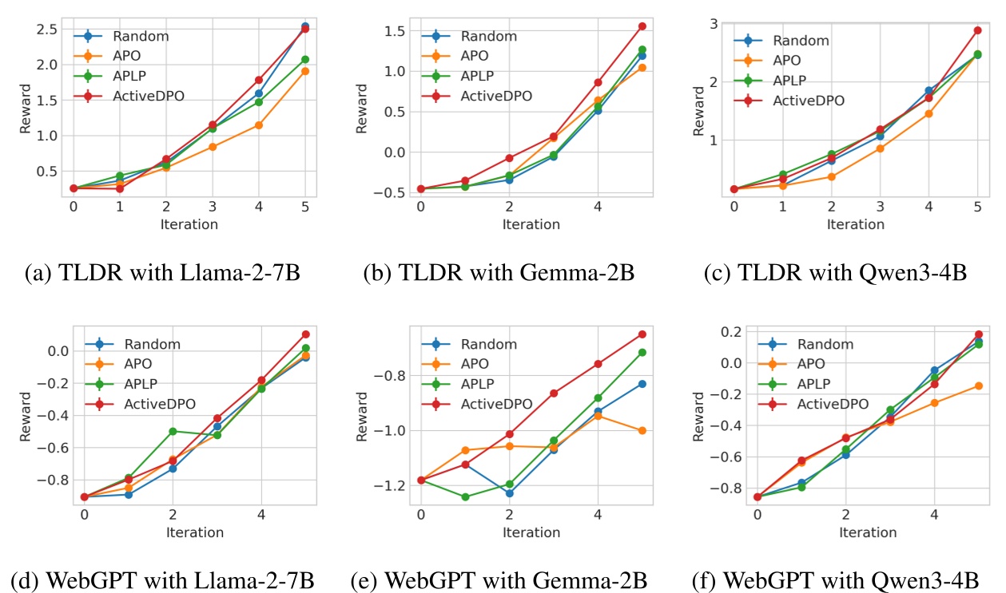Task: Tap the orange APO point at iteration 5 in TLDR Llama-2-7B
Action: coord(304,71)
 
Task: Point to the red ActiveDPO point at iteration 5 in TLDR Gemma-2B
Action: coord(642,26)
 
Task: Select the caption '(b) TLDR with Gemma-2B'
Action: coord(499,275)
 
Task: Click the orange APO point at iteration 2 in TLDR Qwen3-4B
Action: coord(831,176)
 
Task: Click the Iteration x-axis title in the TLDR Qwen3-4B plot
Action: coord(855,224)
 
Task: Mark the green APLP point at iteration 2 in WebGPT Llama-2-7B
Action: coord(172,431)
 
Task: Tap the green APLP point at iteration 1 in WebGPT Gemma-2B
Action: coord(465,497)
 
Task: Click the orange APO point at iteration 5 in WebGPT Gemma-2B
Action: coord(642,430)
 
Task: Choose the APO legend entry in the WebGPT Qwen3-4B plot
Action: coord(813,364)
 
